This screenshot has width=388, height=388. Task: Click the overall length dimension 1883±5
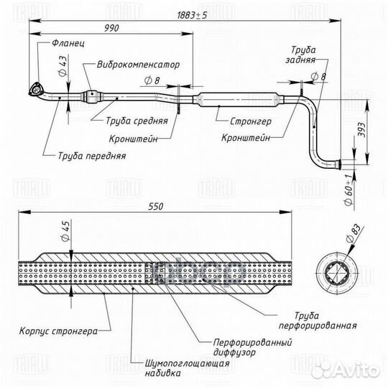[x=192, y=15]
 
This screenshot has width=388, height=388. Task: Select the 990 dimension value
[x=111, y=28]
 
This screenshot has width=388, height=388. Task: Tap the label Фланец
[x=68, y=43]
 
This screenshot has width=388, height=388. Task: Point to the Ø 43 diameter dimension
[x=63, y=66]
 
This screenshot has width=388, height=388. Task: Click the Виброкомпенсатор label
[x=138, y=65]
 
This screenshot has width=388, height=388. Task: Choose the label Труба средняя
[x=137, y=121]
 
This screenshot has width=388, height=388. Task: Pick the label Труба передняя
[x=92, y=156]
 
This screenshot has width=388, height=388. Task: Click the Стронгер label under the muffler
[x=251, y=121]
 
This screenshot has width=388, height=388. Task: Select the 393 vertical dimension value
[x=361, y=129]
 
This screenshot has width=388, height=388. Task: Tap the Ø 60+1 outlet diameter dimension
[x=348, y=190]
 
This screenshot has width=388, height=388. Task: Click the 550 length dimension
[x=156, y=207]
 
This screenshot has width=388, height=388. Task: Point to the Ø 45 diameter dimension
[x=65, y=231]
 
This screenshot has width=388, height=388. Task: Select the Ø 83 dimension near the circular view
[x=353, y=234]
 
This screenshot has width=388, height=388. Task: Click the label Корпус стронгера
[x=58, y=331]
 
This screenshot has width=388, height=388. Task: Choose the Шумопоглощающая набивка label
[x=187, y=368]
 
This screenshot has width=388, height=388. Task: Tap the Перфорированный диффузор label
[x=252, y=348]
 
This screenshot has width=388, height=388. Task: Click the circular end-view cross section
[x=337, y=273]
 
